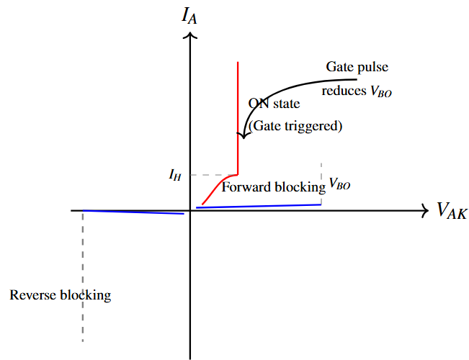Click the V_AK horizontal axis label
pyautogui.click(x=452, y=211)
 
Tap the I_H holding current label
pyautogui.click(x=175, y=174)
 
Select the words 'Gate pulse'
pyautogui.click(x=357, y=67)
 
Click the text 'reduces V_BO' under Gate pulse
pyautogui.click(x=357, y=91)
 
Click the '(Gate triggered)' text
pyautogui.click(x=295, y=126)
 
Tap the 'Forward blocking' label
pyautogui.click(x=274, y=187)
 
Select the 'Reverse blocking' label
pyautogui.click(x=61, y=295)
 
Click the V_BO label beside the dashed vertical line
pyautogui.click(x=339, y=184)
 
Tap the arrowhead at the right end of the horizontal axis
pyautogui.click(x=424, y=210)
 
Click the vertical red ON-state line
pyautogui.click(x=238, y=108)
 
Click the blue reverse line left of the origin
pyautogui.click(x=133, y=212)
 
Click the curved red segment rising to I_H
pyautogui.click(x=216, y=189)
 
